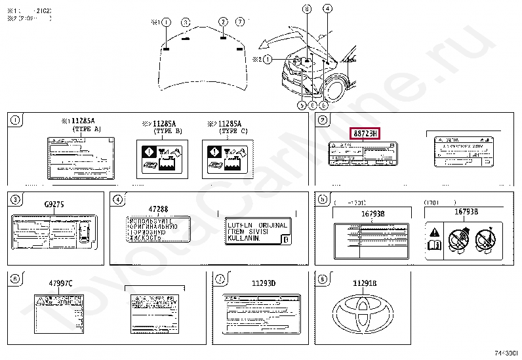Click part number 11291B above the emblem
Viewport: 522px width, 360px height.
(365, 283)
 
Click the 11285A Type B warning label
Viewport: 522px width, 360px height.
(159, 158)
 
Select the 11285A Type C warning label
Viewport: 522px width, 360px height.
(225, 158)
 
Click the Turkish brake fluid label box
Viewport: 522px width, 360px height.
(257, 232)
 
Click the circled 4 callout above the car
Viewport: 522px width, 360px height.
(327, 9)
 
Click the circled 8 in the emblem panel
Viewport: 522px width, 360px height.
(321, 278)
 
